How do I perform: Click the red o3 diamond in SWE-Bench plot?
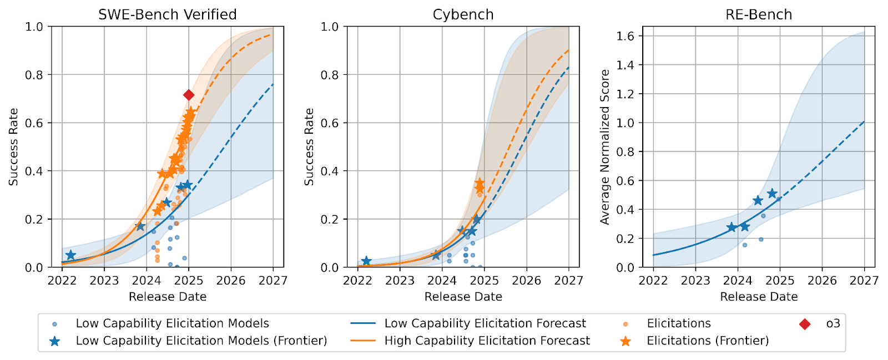tap(189, 95)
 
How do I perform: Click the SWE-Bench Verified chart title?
tap(167, 14)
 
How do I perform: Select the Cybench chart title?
tap(463, 14)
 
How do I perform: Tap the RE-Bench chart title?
tap(759, 14)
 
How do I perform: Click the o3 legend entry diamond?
tap(804, 324)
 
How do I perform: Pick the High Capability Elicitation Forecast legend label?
tap(487, 341)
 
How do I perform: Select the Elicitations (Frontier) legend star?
tap(625, 341)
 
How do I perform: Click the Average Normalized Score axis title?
tap(605, 147)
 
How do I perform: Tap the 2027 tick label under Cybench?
tap(568, 281)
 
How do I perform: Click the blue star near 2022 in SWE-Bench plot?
tap(70, 255)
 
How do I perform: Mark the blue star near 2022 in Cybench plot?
tap(366, 261)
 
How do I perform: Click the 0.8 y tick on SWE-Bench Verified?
tap(34, 75)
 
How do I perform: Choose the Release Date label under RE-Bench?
tap(759, 297)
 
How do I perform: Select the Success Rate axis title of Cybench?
tap(309, 147)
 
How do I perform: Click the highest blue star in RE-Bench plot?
tap(772, 194)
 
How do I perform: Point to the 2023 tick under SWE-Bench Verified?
tap(104, 281)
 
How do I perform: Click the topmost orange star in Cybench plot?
tap(480, 183)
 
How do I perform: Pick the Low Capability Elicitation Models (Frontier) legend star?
tap(54, 341)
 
